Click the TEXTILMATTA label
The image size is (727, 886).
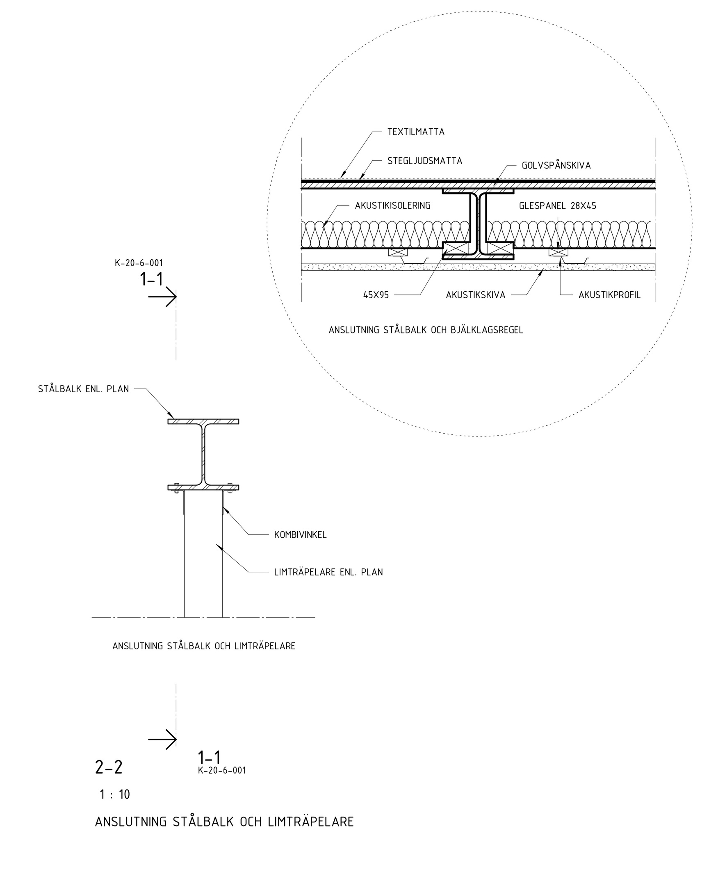point(415,132)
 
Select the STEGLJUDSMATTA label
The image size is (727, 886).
point(424,161)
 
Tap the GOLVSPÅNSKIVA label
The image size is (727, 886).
point(556,165)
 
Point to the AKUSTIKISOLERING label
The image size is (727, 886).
point(392,206)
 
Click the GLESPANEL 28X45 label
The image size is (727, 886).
point(557,206)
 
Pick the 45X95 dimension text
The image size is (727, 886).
point(376,295)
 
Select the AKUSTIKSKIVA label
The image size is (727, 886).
point(475,295)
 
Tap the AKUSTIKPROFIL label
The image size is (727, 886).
point(609,295)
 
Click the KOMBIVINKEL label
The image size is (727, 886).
point(300,535)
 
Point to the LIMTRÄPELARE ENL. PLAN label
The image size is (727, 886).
point(328,572)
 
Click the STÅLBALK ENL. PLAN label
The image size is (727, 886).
point(83,389)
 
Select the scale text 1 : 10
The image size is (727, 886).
point(115,795)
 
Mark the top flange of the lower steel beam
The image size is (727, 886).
point(203,421)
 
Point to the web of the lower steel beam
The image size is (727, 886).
point(203,454)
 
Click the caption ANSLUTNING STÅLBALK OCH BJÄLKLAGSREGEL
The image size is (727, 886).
point(426,330)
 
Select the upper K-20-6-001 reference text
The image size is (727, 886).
point(139,263)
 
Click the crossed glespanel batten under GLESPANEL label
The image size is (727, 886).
point(558,252)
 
